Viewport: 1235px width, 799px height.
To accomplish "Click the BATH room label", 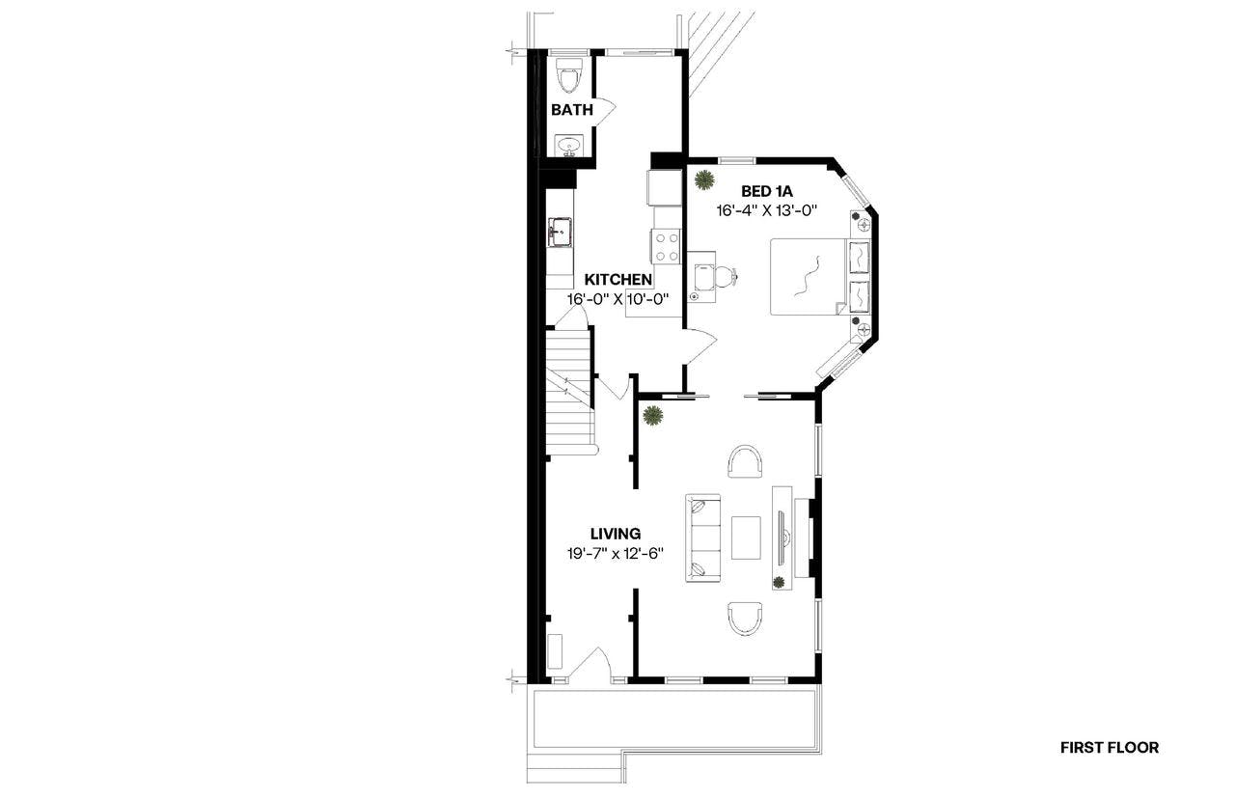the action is tap(572, 110).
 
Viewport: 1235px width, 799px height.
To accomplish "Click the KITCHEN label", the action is tap(618, 279).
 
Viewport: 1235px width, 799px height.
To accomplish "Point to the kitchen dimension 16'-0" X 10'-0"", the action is tap(618, 299).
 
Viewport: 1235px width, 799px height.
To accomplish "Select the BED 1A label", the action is tap(766, 191).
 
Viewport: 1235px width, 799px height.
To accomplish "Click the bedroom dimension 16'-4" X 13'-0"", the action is tap(766, 210).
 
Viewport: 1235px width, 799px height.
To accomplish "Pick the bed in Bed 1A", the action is tap(819, 277).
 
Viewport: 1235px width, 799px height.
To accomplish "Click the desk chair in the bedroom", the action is tap(727, 276).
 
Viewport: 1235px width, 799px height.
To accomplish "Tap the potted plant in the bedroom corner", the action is tap(704, 179).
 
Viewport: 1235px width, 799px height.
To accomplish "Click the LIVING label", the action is tap(616, 534).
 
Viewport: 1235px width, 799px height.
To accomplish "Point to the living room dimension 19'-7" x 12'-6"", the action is tap(616, 554).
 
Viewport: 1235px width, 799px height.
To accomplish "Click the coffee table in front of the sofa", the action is tap(746, 538).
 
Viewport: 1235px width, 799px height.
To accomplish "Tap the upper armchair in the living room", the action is tap(746, 461).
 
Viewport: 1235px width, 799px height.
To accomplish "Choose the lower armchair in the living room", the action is tap(746, 619).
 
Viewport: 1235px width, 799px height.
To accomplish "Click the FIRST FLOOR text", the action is tap(1110, 748).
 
